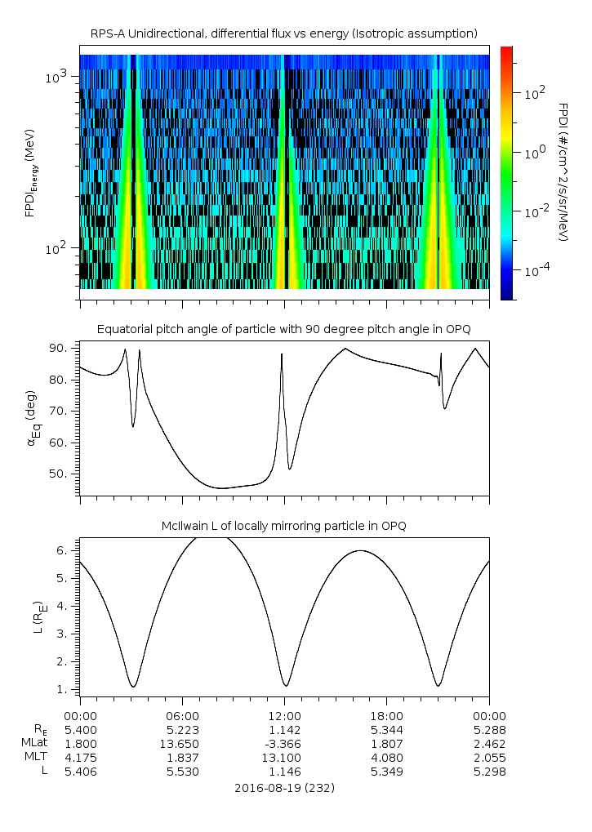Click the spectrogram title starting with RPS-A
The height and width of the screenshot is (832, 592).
(x=283, y=33)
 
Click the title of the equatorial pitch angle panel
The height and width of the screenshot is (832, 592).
(x=283, y=329)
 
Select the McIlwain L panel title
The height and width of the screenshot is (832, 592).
(x=283, y=526)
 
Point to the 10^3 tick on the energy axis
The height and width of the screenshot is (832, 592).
(x=60, y=77)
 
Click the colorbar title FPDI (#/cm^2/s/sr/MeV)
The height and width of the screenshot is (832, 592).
(x=563, y=171)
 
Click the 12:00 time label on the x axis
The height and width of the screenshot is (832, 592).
(x=284, y=715)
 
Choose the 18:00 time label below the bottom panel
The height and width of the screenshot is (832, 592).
(x=386, y=715)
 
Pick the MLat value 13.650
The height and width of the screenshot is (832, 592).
(x=182, y=744)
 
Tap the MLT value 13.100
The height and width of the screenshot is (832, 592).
(x=284, y=758)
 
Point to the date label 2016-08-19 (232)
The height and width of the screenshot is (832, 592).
(x=284, y=788)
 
